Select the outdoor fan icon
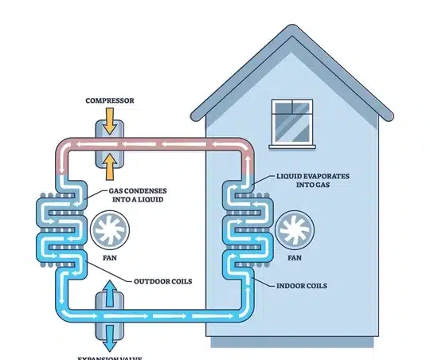point(107,230)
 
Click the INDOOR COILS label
point(302,284)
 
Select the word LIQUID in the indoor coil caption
point(290,174)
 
